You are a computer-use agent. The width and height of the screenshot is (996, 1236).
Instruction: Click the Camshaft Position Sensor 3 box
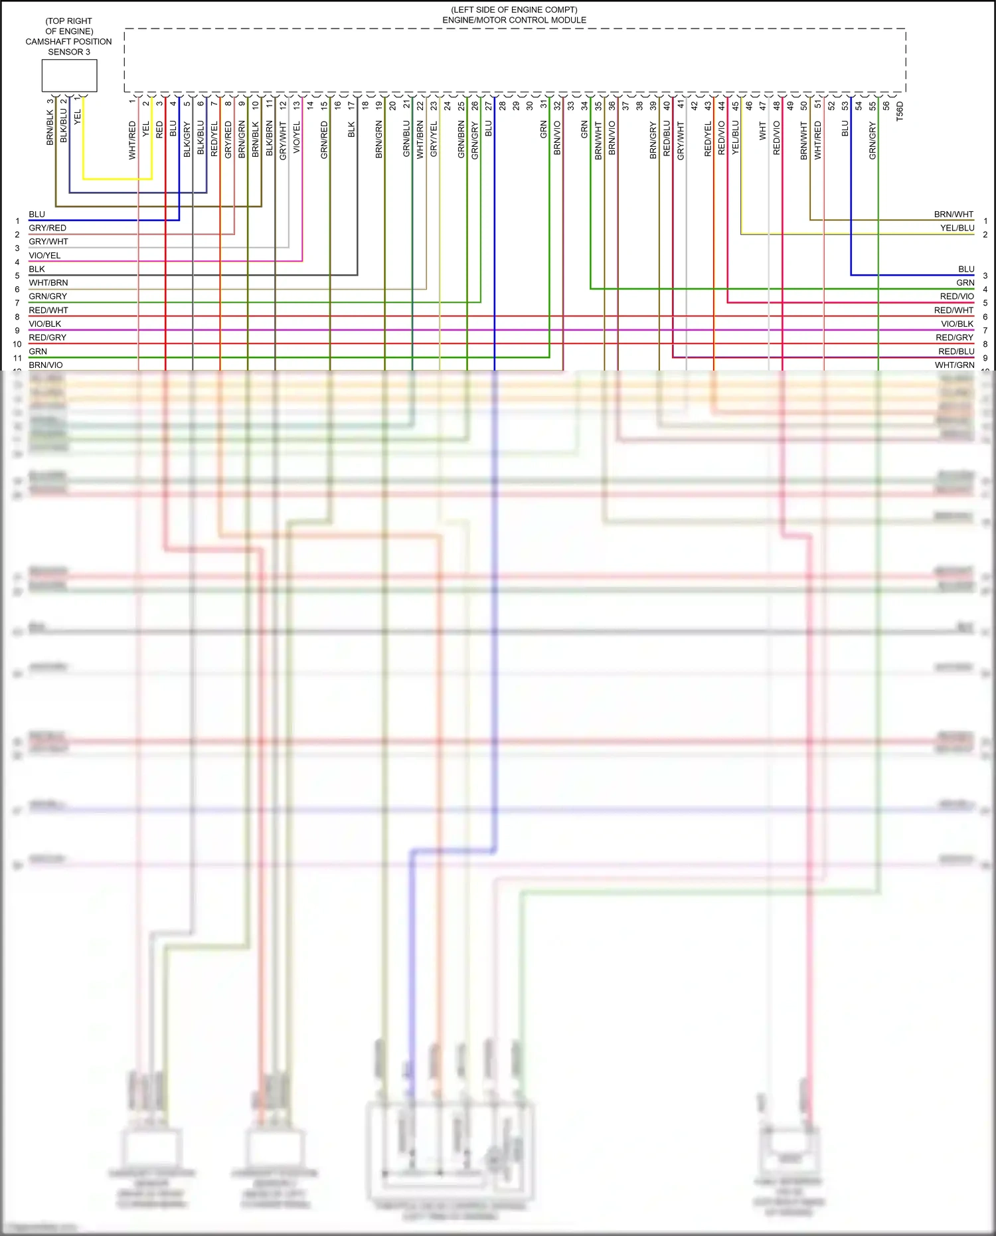coord(69,76)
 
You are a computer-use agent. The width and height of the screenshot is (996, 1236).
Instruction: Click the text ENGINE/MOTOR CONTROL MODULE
coord(514,20)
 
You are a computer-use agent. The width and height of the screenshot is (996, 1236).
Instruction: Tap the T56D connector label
coord(900,111)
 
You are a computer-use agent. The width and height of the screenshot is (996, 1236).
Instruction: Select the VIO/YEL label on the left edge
coord(44,255)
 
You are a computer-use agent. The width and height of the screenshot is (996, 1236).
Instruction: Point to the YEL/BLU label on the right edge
coord(957,228)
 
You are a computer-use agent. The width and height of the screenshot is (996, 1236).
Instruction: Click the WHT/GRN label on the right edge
coord(954,365)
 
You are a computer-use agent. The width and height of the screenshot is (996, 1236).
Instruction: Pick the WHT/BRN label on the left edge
coord(48,282)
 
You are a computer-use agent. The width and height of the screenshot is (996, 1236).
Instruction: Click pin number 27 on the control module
coord(489,106)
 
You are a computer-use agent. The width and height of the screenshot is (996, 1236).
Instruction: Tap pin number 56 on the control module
coord(886,106)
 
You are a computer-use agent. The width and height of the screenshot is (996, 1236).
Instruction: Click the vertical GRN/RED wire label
coord(324,139)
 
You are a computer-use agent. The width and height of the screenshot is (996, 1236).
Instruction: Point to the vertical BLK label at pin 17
coord(351,130)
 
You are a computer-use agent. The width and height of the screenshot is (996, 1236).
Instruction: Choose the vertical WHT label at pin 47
coord(763,130)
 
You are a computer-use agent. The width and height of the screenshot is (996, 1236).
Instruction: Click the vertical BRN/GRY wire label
coord(653,139)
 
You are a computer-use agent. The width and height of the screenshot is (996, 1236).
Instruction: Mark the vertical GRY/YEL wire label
coord(434,139)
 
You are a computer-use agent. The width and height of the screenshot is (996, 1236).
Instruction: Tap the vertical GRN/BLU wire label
coord(406,139)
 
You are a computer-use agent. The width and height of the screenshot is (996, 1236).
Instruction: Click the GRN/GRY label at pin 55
coord(872,141)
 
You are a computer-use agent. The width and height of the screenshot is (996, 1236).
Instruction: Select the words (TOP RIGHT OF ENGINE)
coord(69,26)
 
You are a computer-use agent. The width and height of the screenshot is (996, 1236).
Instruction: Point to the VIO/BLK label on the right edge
coord(957,323)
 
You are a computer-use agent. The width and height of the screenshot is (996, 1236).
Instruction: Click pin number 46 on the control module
coord(749,106)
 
